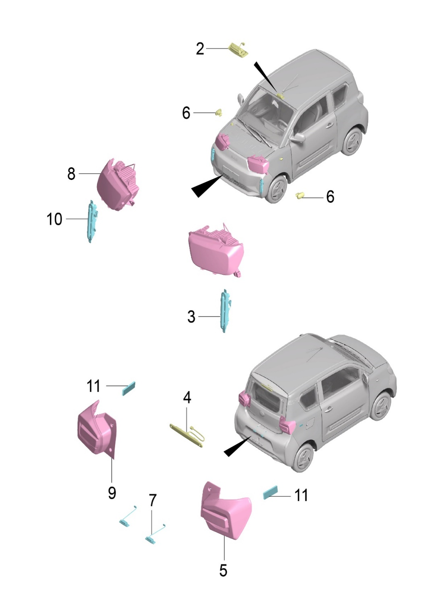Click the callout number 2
click(200, 49)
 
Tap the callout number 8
click(71, 174)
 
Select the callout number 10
click(54, 219)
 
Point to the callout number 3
click(191, 317)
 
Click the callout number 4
click(187, 398)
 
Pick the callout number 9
click(112, 493)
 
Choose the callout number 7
click(152, 500)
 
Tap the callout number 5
click(223, 570)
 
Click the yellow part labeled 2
click(237, 50)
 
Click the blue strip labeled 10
click(92, 221)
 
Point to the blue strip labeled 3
click(225, 311)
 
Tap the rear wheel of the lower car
click(304, 459)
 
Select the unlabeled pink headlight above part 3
click(215, 251)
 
